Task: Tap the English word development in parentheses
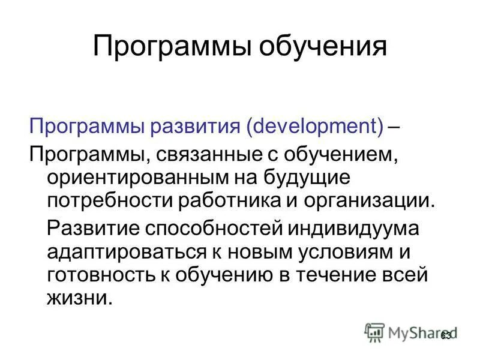point(316,127)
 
